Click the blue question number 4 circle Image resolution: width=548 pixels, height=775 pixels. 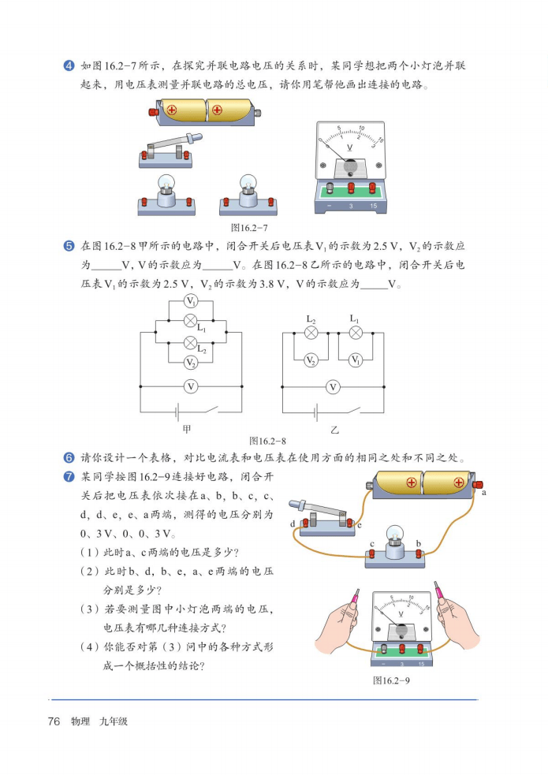69,65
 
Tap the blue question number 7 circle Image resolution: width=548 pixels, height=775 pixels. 69,477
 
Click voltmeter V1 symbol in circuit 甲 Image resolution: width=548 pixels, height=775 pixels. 191,301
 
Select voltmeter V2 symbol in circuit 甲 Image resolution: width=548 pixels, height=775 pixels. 191,363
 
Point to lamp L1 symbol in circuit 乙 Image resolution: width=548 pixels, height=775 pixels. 356,333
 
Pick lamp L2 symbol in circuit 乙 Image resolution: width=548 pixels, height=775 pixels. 311,333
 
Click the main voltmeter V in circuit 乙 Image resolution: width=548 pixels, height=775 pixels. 333,387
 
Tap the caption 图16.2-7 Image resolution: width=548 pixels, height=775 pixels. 249,228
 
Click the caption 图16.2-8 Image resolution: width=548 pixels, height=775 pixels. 267,441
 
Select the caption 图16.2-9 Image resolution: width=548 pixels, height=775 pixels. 391,680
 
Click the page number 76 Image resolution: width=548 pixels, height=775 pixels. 54,721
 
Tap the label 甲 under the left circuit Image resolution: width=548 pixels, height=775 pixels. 187,429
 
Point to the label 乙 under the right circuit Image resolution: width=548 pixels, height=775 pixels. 335,430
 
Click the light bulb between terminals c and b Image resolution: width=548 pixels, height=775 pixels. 393,541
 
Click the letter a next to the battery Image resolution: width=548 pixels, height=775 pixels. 484,492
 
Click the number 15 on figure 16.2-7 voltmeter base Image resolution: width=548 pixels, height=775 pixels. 373,206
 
